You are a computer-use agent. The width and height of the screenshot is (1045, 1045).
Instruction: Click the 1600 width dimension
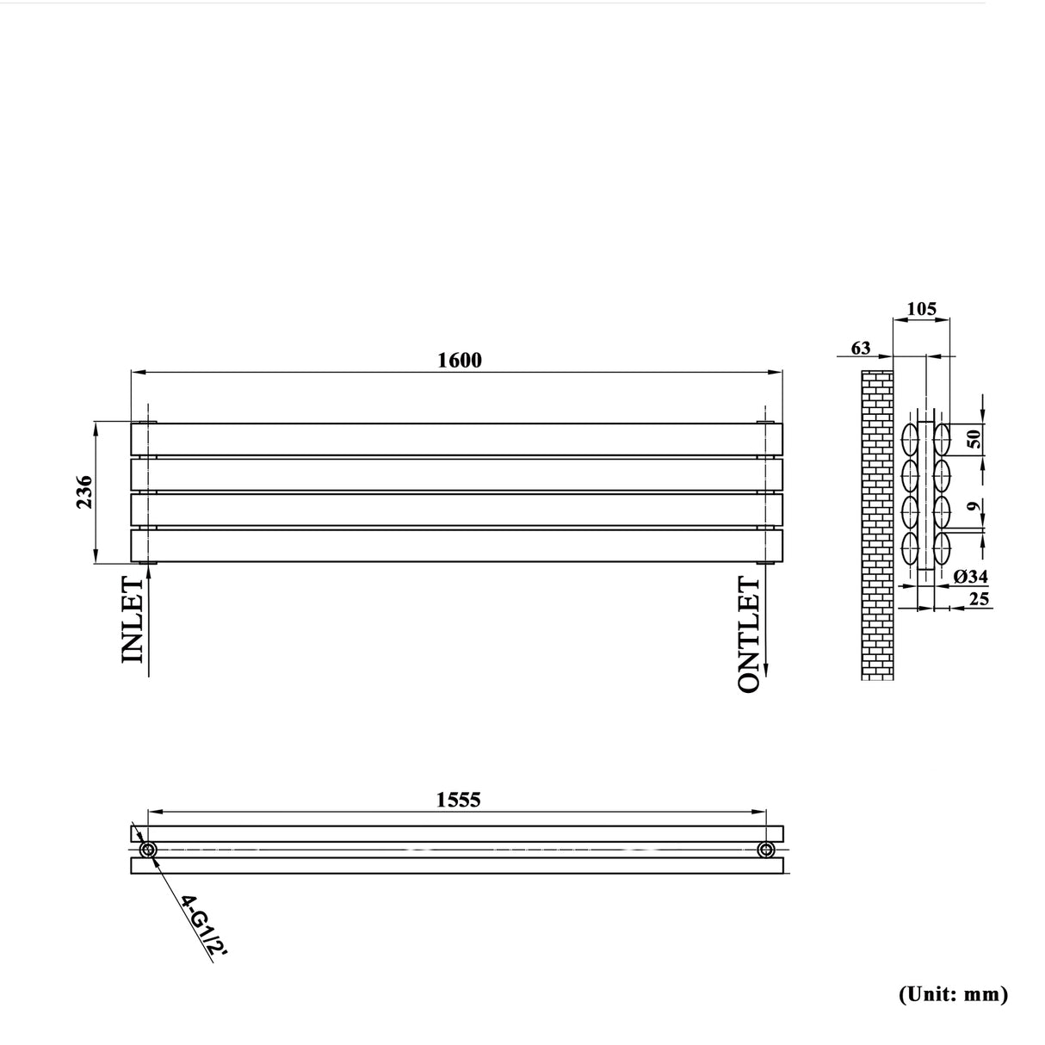[460, 360]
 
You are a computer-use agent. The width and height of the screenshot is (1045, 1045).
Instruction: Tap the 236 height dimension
[84, 492]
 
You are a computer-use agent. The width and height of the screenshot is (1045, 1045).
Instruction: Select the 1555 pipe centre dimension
[458, 800]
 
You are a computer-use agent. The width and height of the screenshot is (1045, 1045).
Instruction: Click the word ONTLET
[750, 635]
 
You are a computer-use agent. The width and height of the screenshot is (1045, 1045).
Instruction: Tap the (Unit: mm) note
[953, 994]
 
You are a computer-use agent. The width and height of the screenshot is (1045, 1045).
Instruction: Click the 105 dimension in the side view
[921, 308]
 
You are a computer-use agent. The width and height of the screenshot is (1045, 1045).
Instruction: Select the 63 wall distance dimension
[860, 348]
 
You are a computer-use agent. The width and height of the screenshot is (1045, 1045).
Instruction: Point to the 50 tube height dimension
[974, 438]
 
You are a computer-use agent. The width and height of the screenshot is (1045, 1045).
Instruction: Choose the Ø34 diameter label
[971, 577]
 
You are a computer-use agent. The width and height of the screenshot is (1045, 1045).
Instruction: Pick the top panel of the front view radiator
[456, 439]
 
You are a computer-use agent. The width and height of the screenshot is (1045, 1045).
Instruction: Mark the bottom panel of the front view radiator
[456, 546]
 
